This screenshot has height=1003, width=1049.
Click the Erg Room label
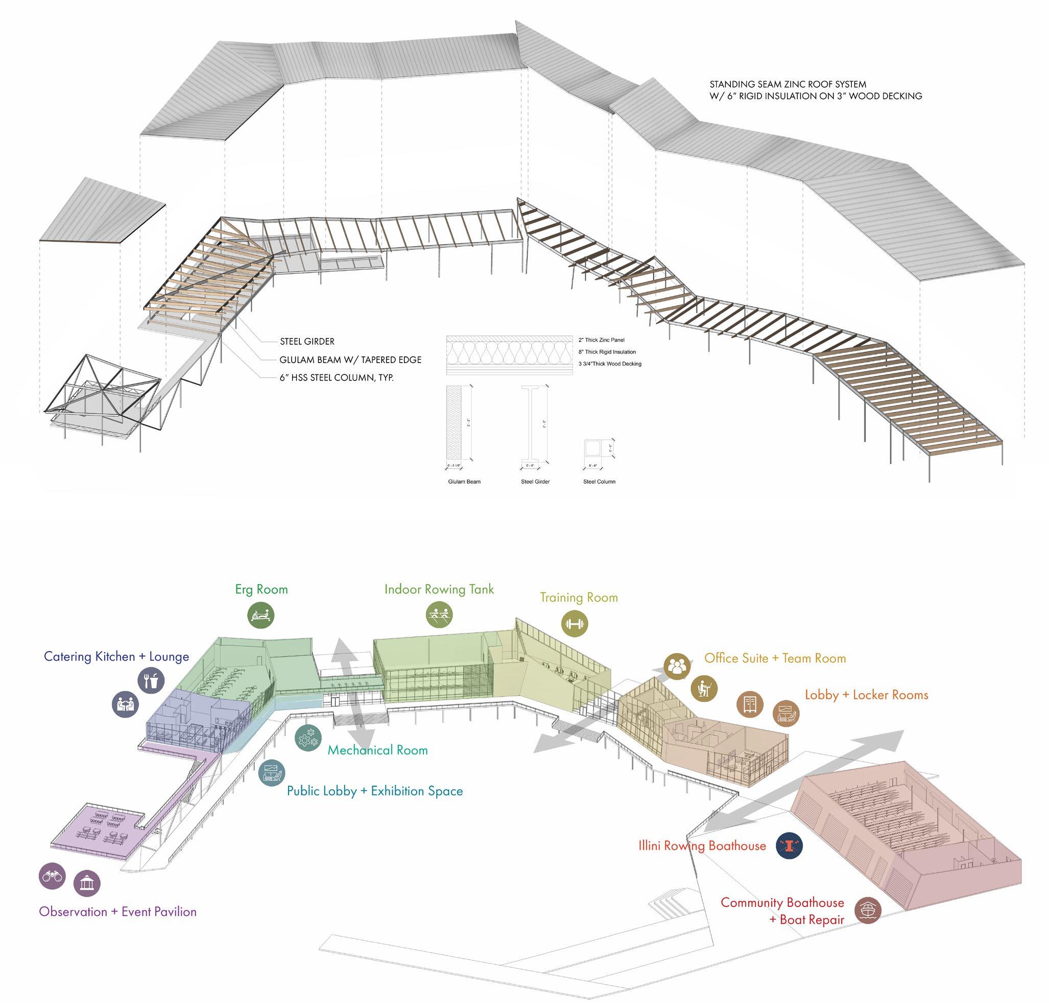pos(261,589)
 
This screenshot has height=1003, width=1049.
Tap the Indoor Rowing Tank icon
pos(440,615)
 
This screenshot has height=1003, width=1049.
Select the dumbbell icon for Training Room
pos(575,624)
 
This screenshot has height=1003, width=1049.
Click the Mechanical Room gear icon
pos(308,737)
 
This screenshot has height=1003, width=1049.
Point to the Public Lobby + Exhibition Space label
pos(375,791)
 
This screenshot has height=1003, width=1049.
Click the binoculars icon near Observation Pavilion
pos(52,876)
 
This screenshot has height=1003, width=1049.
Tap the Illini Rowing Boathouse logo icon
pos(789,845)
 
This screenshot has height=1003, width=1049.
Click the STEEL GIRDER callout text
pos(307,341)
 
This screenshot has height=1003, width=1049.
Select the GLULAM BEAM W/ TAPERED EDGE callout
pos(350,360)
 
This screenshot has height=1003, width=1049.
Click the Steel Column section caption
pos(599,481)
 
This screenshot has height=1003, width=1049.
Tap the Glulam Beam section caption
pos(464,481)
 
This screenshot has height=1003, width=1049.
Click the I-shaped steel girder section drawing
pos(535,424)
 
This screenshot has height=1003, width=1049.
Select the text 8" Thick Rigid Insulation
pos(607,352)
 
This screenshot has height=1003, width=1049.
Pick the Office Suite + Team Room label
pos(775,658)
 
